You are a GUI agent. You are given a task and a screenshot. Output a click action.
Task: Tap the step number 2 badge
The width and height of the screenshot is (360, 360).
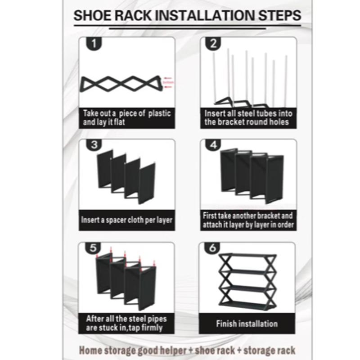[x=212, y=44]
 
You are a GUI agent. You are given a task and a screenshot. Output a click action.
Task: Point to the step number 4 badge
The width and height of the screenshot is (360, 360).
[x=212, y=145]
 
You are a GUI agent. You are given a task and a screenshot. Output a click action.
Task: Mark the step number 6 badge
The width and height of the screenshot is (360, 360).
[x=212, y=248]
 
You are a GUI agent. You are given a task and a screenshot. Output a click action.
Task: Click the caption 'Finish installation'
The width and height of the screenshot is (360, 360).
[x=247, y=323]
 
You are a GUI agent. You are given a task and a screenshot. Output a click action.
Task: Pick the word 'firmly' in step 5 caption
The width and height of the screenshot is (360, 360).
[x=153, y=327]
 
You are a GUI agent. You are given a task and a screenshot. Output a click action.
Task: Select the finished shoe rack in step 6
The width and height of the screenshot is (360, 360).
[x=247, y=281]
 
